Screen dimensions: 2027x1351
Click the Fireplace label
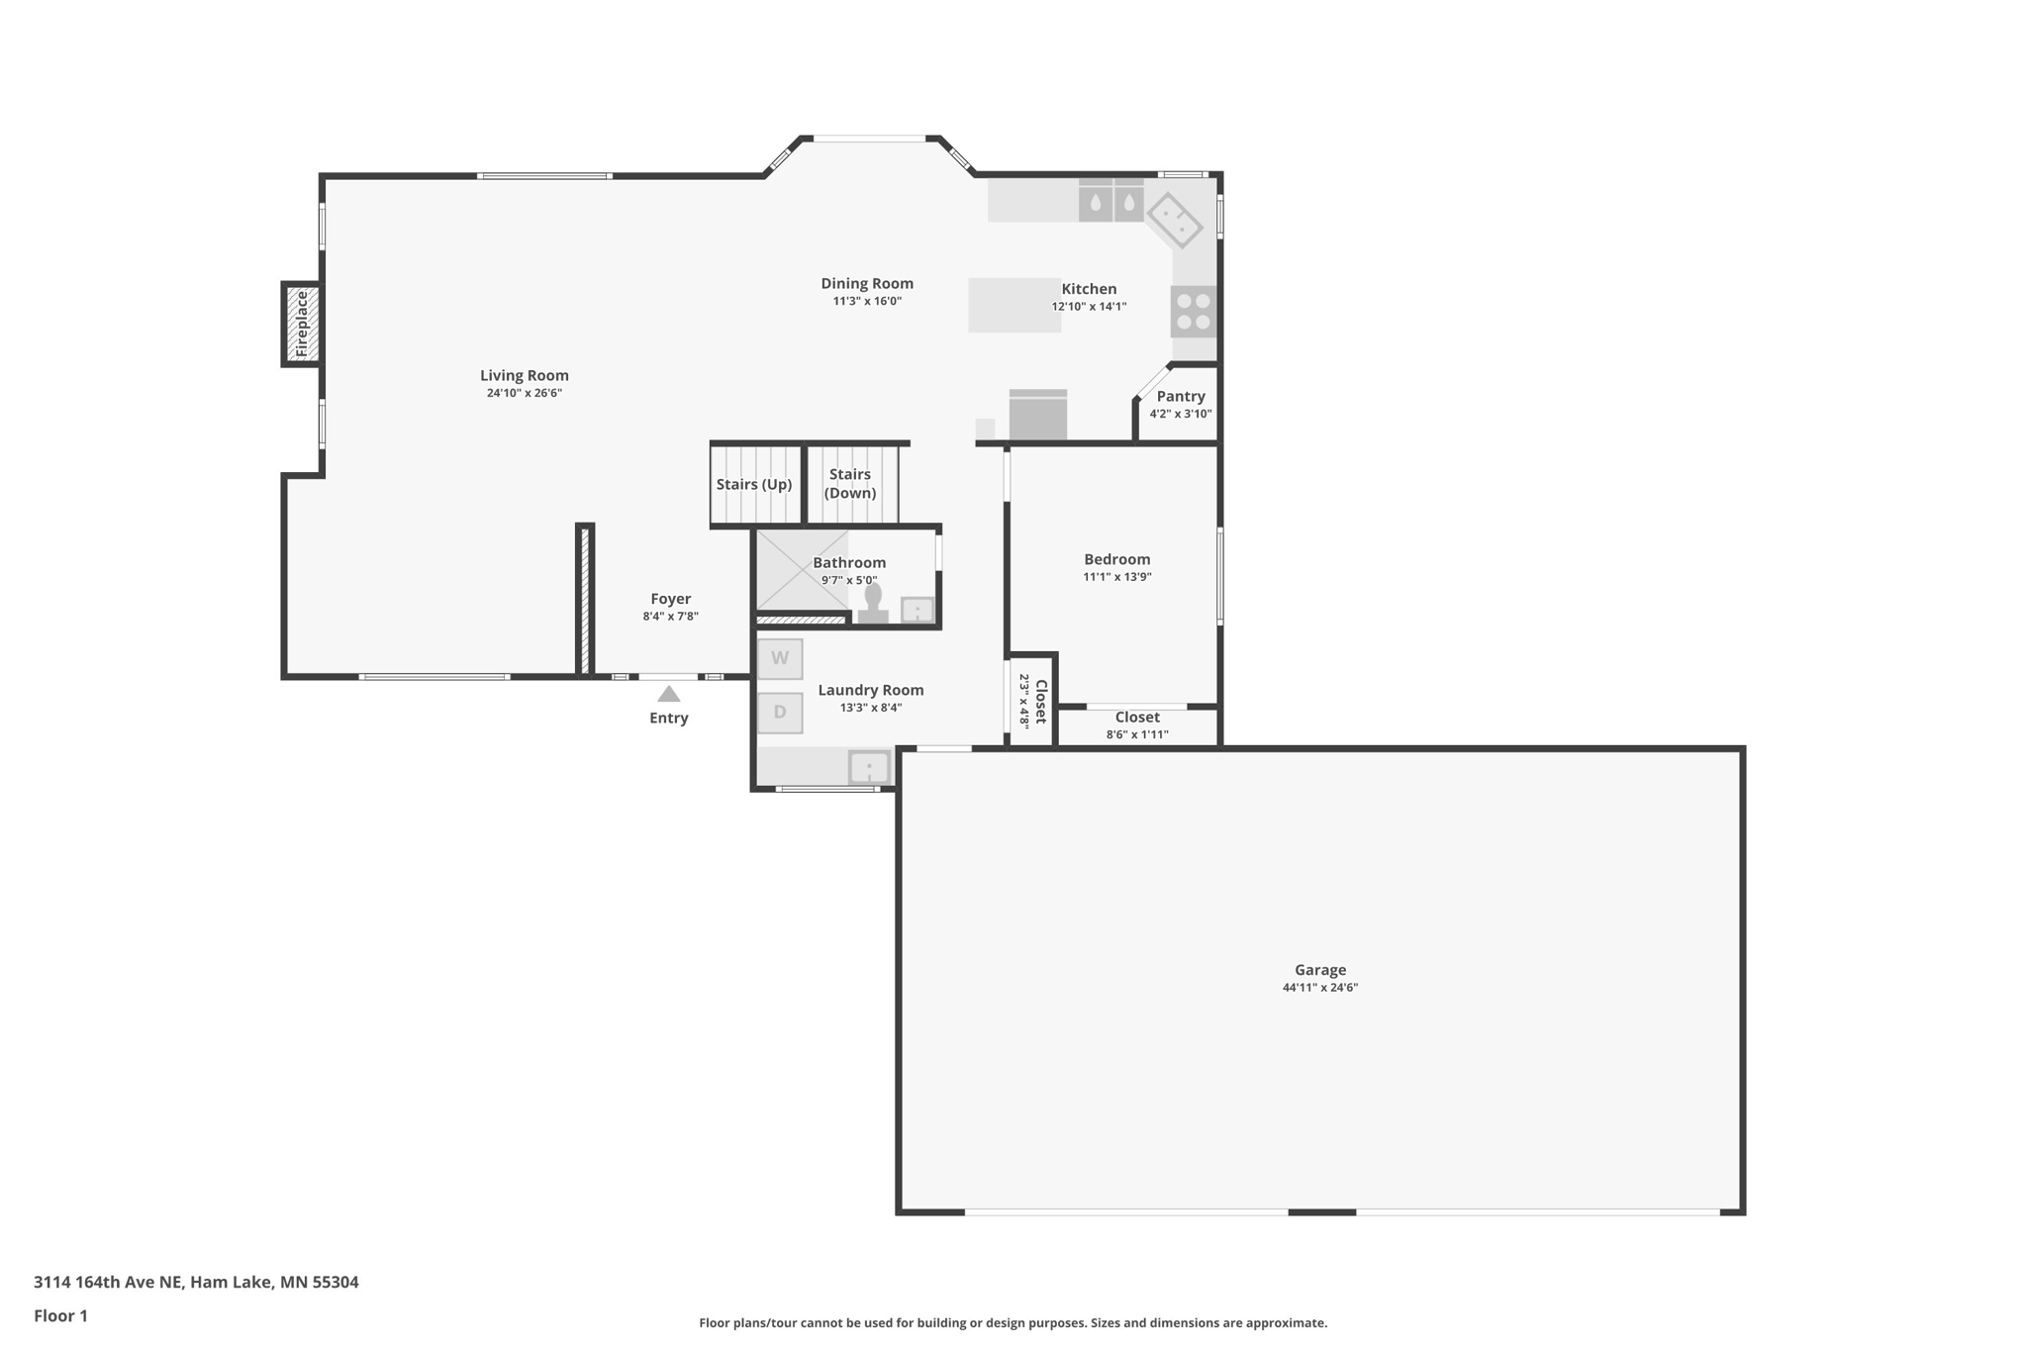click(x=302, y=324)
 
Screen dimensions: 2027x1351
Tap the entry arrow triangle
click(x=669, y=694)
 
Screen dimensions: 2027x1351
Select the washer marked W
click(x=780, y=658)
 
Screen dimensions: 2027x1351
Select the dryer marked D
click(x=780, y=713)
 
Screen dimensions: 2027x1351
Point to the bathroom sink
click(x=917, y=610)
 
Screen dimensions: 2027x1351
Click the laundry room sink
click(x=870, y=767)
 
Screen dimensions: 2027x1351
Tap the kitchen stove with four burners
click(x=1194, y=311)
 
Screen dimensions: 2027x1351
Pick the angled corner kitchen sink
click(x=1175, y=221)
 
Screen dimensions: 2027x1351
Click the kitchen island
click(x=1014, y=305)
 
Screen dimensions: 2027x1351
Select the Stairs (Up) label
click(x=754, y=485)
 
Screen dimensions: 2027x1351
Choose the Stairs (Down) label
click(x=850, y=484)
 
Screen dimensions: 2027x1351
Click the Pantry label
click(x=1181, y=396)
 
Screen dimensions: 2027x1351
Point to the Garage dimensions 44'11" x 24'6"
click(x=1320, y=988)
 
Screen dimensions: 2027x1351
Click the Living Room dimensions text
click(x=525, y=393)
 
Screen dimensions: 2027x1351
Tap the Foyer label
click(x=671, y=599)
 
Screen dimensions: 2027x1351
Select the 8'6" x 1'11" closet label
click(x=1137, y=734)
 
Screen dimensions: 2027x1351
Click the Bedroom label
click(x=1117, y=559)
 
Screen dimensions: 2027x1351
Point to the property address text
click(x=196, y=1283)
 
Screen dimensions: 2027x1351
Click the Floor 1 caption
click(x=60, y=1316)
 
